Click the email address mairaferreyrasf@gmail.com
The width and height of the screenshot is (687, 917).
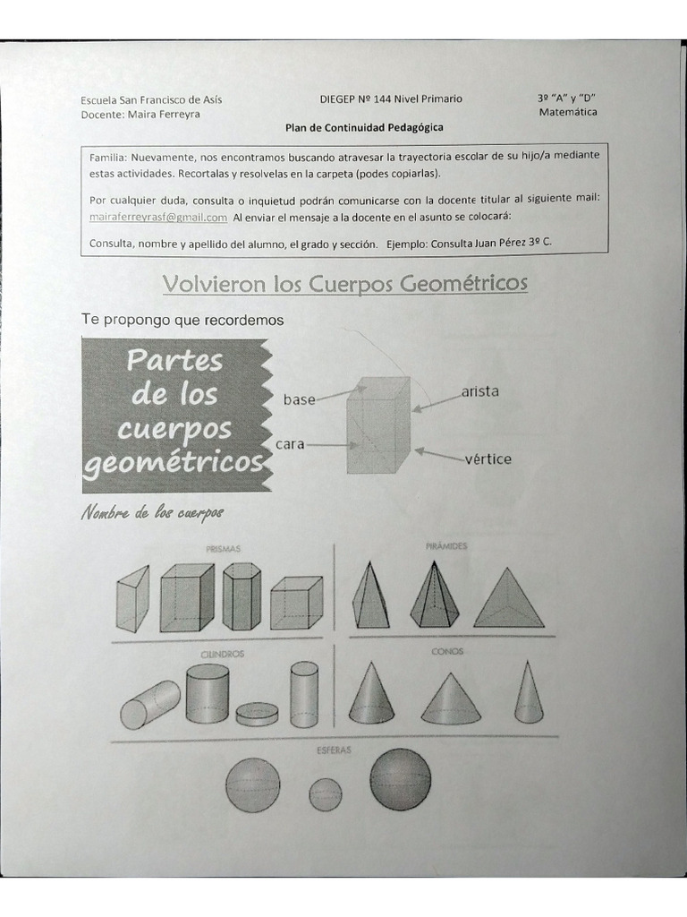[x=158, y=218]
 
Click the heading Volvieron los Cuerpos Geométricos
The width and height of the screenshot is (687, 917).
[x=345, y=284]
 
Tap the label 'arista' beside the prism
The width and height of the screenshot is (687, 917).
[x=480, y=391]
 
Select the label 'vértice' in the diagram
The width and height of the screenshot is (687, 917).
[x=488, y=459]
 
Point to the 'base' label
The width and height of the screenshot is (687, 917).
[x=299, y=400]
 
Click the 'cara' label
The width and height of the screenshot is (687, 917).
[x=291, y=443]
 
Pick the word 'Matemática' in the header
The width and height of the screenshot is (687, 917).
[x=568, y=113]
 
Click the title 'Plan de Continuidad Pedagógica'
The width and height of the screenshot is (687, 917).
[x=364, y=128]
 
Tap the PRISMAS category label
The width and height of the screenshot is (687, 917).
[x=223, y=548]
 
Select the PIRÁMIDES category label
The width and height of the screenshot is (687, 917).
[x=447, y=545]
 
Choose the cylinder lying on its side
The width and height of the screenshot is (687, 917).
[x=149, y=704]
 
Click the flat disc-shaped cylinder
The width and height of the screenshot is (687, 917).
[x=257, y=714]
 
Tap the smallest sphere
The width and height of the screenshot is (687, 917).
[x=325, y=793]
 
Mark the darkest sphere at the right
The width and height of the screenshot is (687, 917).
[x=400, y=778]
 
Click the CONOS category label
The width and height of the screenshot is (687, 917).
[x=447, y=652]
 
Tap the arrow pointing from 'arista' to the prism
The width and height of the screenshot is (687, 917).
[x=437, y=400]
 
